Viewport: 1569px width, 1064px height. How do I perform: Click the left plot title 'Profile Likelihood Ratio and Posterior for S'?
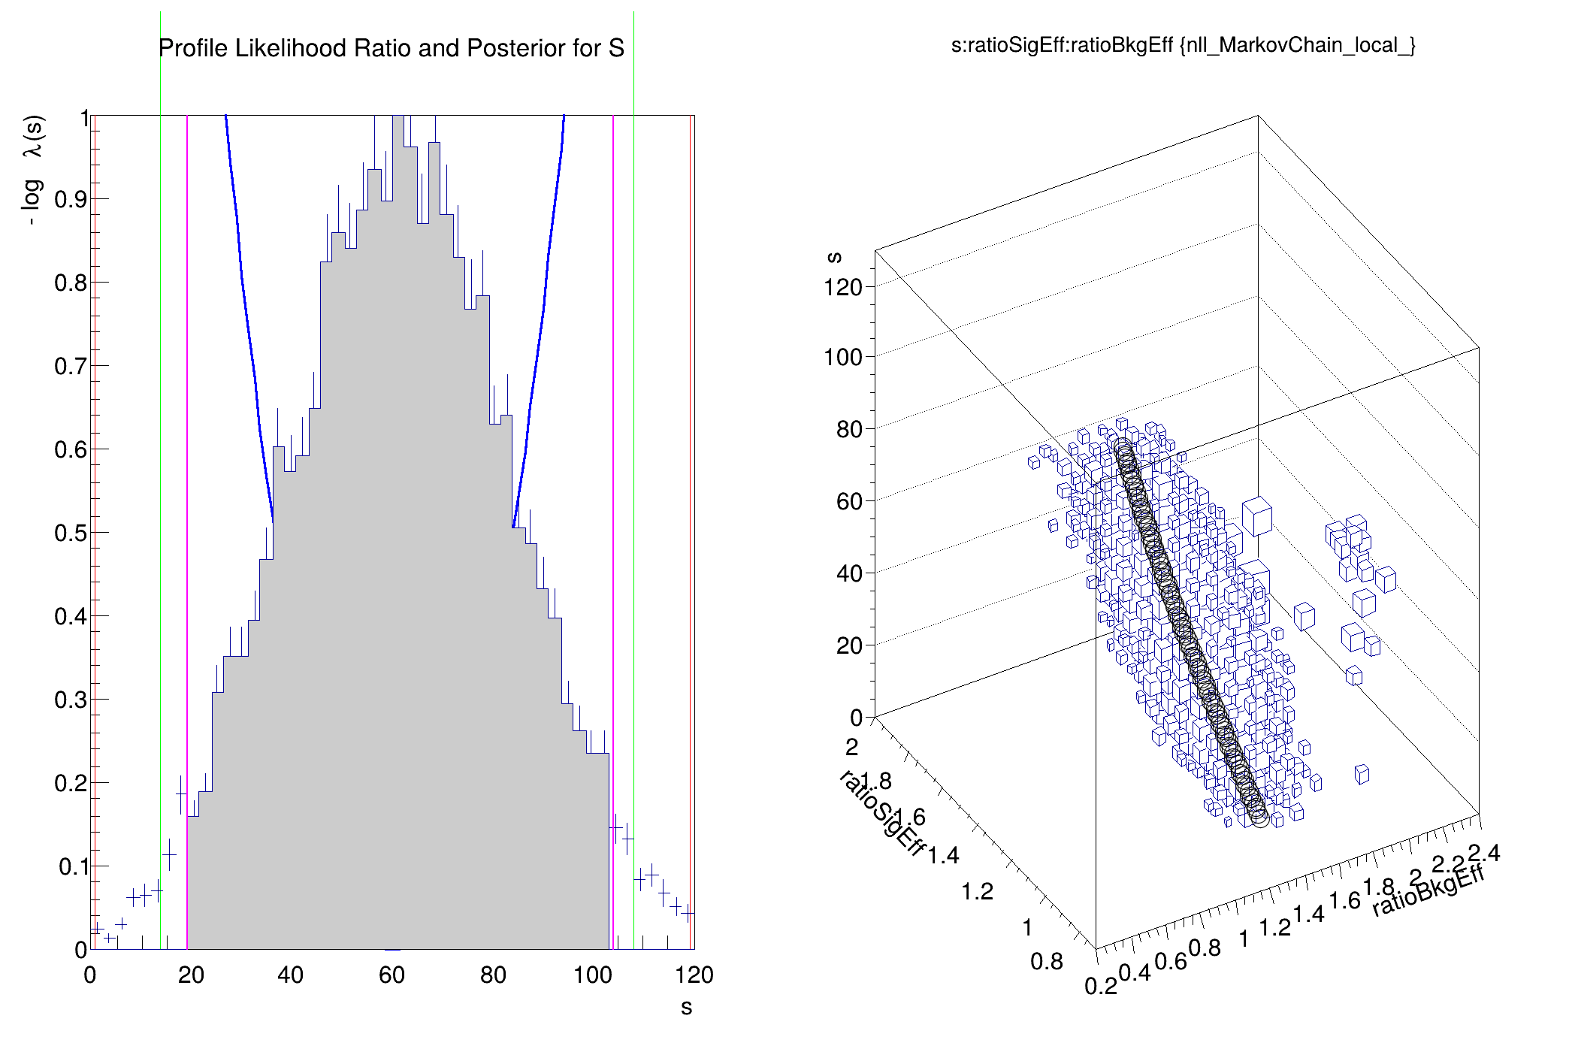pos(391,48)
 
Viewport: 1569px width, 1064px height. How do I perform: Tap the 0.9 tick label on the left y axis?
pos(71,199)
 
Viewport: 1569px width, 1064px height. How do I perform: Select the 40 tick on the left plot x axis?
pos(290,975)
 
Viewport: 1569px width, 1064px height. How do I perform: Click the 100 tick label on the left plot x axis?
pos(593,975)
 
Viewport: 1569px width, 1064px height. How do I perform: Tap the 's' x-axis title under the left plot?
pos(686,1008)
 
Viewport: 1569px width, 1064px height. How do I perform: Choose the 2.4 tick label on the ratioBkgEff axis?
pos(1484,854)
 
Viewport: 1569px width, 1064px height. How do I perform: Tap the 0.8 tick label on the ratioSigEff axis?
pos(1046,961)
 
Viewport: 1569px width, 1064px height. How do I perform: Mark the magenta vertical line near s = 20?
pos(187,526)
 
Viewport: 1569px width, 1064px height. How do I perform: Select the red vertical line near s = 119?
pos(691,526)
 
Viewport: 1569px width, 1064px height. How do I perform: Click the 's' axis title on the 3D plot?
pos(834,257)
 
